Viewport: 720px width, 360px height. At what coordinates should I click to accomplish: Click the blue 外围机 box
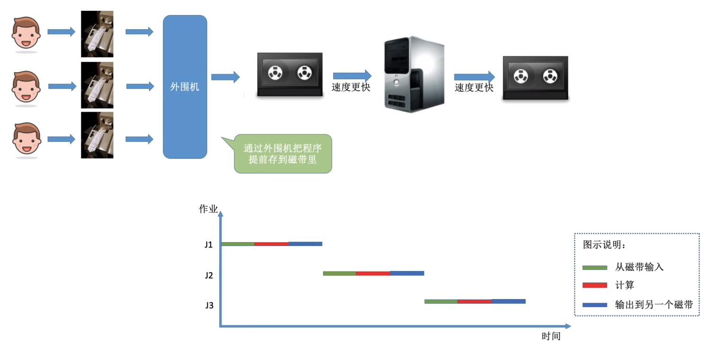click(185, 87)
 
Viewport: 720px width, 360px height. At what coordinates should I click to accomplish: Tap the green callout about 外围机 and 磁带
click(283, 154)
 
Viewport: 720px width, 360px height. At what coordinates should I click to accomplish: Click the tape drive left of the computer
click(290, 74)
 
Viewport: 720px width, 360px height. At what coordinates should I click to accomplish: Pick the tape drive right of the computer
click(535, 78)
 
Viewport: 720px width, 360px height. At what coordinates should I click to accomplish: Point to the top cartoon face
click(26, 33)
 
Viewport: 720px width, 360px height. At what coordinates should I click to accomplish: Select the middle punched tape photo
click(97, 86)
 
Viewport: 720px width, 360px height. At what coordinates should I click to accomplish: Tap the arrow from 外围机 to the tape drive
click(225, 77)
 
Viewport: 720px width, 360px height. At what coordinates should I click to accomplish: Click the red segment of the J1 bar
click(271, 244)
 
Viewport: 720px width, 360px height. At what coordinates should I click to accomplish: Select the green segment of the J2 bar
click(339, 273)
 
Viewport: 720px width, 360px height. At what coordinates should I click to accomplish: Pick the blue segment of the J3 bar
click(509, 301)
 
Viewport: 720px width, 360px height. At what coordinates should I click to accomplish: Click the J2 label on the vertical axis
click(209, 275)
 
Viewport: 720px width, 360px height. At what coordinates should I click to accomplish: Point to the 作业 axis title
click(208, 209)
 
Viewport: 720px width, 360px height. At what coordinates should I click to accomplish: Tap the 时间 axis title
click(551, 337)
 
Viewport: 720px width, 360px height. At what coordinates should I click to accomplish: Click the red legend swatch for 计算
click(595, 285)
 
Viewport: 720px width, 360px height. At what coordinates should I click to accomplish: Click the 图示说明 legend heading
click(604, 245)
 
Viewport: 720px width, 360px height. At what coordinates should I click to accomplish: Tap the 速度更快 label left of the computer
click(351, 88)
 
